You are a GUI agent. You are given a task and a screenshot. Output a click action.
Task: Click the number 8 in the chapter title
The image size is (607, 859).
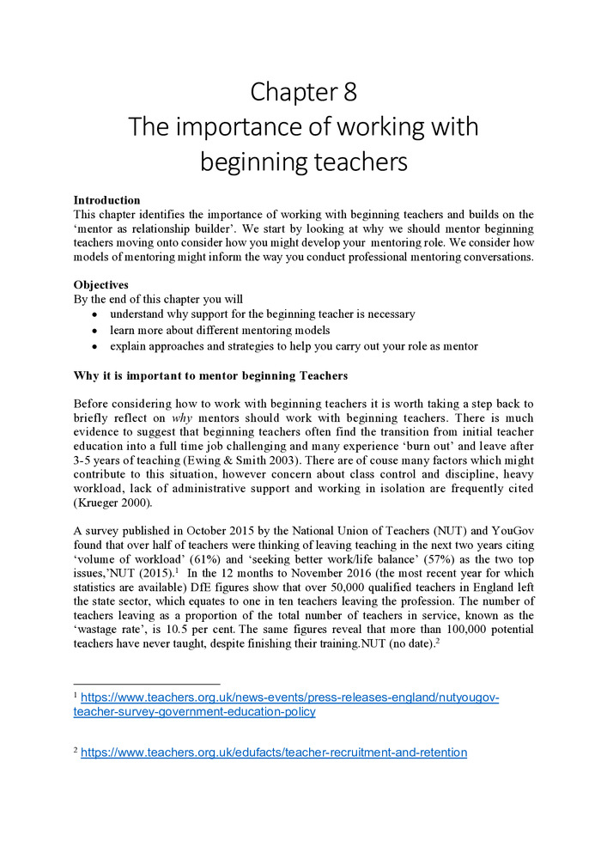pyautogui.click(x=348, y=92)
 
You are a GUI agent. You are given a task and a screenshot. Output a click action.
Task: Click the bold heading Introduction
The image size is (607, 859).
pyautogui.click(x=106, y=200)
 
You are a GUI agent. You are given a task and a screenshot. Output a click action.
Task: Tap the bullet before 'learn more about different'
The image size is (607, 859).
pyautogui.click(x=95, y=331)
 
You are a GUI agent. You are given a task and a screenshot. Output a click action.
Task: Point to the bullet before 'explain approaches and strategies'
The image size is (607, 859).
pyautogui.click(x=95, y=346)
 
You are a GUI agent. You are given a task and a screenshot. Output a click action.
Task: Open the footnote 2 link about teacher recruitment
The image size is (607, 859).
pyautogui.click(x=274, y=752)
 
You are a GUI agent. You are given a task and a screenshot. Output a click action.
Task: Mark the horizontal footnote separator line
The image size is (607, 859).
pyautogui.click(x=147, y=684)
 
